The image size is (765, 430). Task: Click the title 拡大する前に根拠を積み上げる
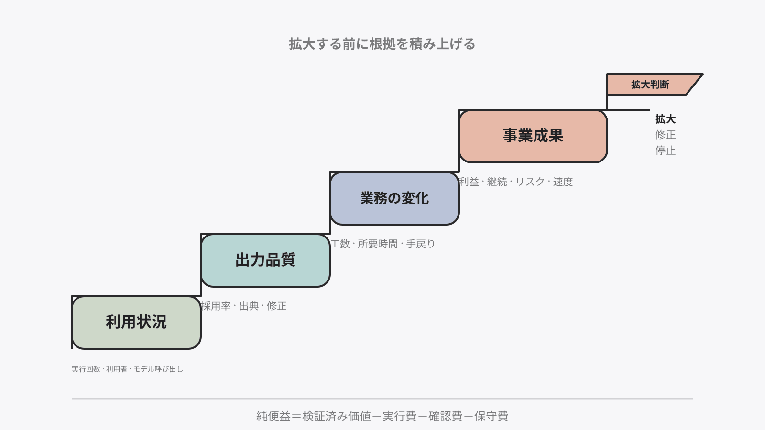[x=382, y=44]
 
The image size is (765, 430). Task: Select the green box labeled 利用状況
[x=136, y=322]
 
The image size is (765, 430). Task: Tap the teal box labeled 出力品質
[x=265, y=260]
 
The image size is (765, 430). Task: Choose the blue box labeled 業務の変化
[x=394, y=198]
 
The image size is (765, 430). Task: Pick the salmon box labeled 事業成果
[x=533, y=136]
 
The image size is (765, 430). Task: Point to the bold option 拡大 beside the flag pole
[x=665, y=119]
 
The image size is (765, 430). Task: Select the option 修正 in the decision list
[x=665, y=135]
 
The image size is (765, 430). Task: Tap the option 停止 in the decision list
[x=665, y=150]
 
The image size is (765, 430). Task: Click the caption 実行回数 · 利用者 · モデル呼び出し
[x=127, y=369]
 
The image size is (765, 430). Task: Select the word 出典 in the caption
[x=249, y=306]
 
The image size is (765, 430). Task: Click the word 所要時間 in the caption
[x=378, y=244]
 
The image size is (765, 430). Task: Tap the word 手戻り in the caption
[x=420, y=244]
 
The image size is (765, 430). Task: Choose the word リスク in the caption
[x=530, y=182]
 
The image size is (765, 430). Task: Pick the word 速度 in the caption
[x=563, y=182]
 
